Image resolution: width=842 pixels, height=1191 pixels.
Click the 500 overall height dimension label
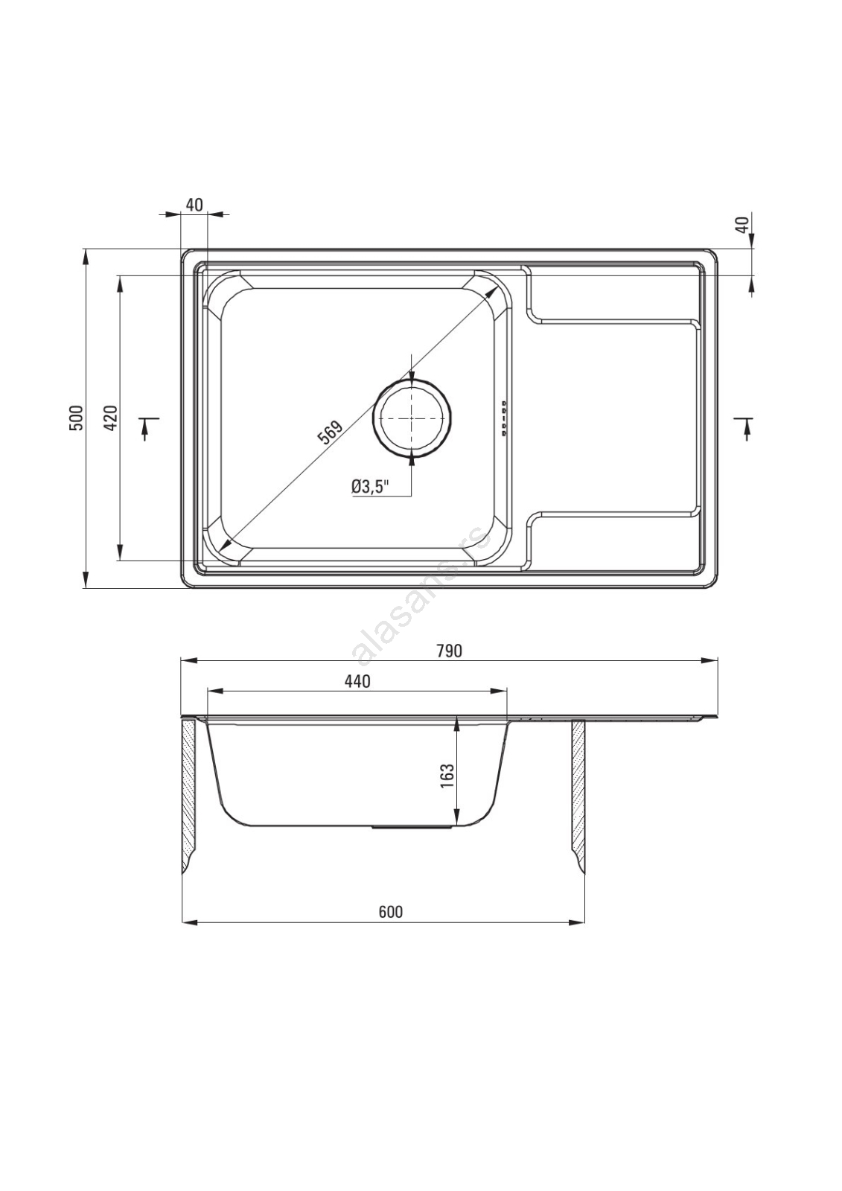pos(78,418)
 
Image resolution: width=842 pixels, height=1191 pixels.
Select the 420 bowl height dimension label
pos(111,418)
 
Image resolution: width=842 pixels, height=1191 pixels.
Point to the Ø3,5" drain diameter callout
pos(370,487)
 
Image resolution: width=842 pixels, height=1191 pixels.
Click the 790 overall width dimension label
pos(450,651)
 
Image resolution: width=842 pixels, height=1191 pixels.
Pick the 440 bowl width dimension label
pos(357,680)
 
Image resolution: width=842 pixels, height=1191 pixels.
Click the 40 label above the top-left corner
pos(195,204)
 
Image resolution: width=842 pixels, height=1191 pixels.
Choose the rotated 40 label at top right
pos(744,223)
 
